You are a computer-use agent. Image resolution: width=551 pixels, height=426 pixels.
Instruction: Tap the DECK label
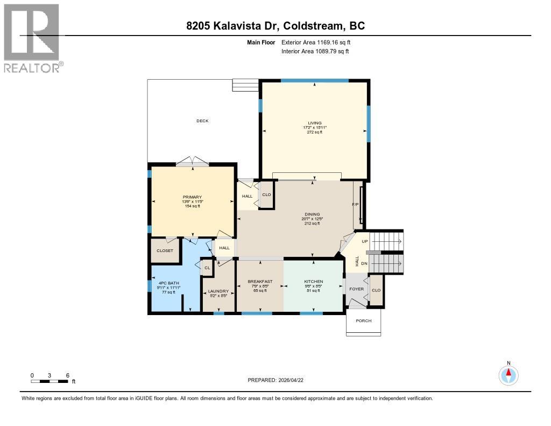pyautogui.click(x=202, y=121)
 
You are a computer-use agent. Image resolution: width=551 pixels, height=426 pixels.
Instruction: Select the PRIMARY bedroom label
pyautogui.click(x=192, y=197)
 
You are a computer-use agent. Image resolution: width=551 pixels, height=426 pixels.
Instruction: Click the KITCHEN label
pyautogui.click(x=313, y=282)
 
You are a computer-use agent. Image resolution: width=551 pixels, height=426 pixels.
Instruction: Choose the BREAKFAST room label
pyautogui.click(x=260, y=282)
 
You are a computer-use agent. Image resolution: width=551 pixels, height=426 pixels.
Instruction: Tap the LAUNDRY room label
pyautogui.click(x=218, y=291)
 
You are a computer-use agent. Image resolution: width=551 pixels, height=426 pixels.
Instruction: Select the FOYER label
pyautogui.click(x=356, y=289)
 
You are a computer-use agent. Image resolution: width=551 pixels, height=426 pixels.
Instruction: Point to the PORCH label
pyautogui.click(x=364, y=321)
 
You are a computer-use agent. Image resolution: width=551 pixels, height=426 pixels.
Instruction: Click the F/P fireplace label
pyautogui.click(x=355, y=205)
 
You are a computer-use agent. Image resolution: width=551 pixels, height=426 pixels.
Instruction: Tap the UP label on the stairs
pyautogui.click(x=365, y=241)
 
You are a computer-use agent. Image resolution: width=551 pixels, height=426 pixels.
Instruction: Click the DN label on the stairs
pyautogui.click(x=365, y=263)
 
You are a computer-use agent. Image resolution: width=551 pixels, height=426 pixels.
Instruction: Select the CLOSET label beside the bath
pyautogui.click(x=165, y=251)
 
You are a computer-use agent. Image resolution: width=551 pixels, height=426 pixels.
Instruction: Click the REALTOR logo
pyautogui.click(x=32, y=38)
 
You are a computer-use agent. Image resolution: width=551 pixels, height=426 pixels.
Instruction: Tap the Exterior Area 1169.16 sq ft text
pyautogui.click(x=316, y=42)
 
